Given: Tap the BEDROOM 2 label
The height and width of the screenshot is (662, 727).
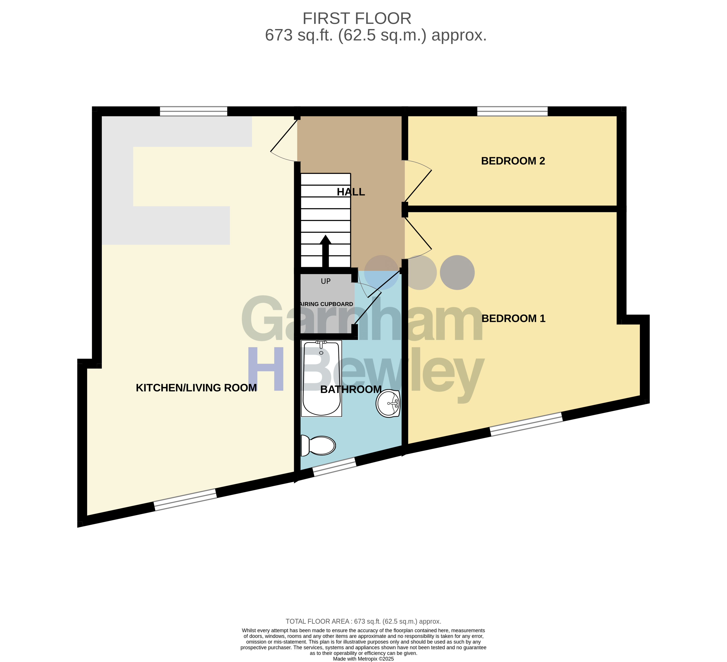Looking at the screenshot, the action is click(513, 161).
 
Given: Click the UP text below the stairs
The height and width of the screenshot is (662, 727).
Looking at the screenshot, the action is click(326, 281).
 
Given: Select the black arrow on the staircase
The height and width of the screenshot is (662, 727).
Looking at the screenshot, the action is click(326, 251).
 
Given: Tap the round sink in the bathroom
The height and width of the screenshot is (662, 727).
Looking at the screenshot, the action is click(388, 404).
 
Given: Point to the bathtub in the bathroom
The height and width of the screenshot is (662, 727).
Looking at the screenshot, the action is click(321, 378).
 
